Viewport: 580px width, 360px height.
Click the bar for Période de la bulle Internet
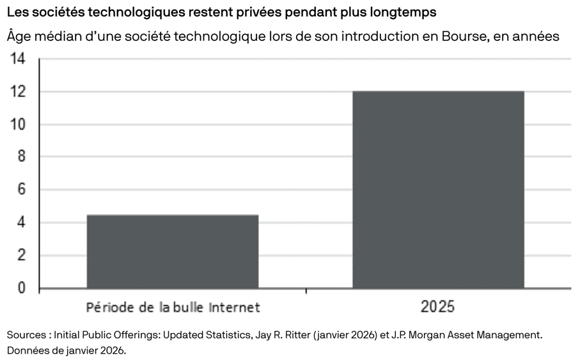coord(173,251)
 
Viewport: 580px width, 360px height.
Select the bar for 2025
coord(439,190)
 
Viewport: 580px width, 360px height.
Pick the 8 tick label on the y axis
coord(21,157)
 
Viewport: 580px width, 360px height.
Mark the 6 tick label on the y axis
coord(21,190)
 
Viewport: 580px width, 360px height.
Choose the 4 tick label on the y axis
coord(21,223)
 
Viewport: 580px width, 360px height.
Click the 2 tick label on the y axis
coord(21,256)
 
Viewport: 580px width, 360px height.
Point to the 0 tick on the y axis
coord(21,288)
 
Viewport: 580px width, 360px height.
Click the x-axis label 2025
coord(438,308)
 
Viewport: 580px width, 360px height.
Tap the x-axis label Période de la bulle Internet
coord(173,308)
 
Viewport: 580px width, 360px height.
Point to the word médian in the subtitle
coord(59,36)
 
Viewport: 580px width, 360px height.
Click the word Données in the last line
coord(27,351)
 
